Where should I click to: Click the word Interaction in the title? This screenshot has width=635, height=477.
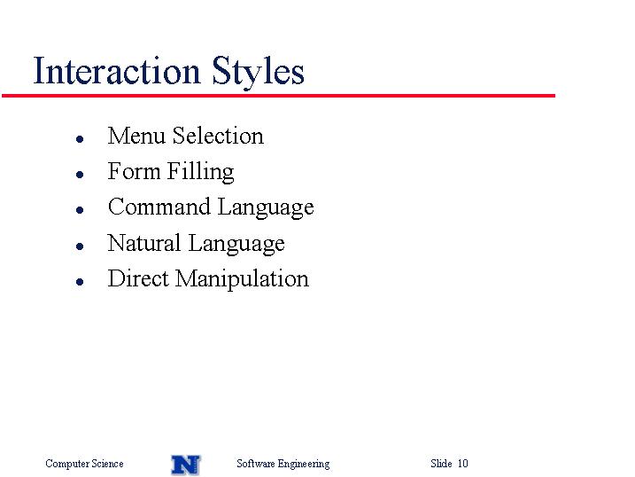click(117, 71)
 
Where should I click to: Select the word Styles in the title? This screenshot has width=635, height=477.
click(258, 72)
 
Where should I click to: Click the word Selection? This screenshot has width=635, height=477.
click(218, 136)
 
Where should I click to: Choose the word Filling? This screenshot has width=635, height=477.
click(200, 172)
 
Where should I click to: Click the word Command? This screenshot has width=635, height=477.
click(159, 207)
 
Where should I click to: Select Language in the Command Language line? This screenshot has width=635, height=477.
click(266, 207)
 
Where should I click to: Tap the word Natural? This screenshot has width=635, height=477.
click(144, 243)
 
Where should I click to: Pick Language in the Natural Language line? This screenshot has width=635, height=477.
click(236, 244)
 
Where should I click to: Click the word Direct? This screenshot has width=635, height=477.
click(138, 278)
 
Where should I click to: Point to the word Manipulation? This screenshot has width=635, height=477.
click(242, 279)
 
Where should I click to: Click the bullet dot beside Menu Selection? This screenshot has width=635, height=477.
click(80, 139)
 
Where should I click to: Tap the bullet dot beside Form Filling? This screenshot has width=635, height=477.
click(80, 175)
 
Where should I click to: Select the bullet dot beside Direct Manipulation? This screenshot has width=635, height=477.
click(80, 282)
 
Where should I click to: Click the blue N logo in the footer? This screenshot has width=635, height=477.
click(186, 465)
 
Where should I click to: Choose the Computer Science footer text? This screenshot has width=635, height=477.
click(84, 464)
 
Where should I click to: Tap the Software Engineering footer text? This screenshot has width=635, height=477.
click(283, 464)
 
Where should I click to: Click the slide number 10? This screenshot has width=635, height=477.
click(463, 463)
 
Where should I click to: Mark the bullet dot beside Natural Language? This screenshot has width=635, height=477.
click(80, 246)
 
